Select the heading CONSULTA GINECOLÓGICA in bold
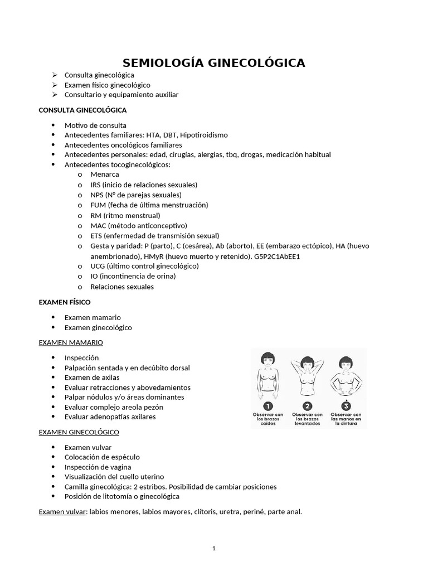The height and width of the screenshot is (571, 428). (82, 110)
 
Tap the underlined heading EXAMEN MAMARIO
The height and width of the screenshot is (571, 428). (71, 342)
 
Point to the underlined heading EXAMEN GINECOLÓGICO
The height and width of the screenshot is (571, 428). (79, 432)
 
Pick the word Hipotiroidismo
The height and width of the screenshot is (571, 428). (204, 135)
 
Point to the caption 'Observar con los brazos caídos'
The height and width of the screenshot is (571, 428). (268, 419)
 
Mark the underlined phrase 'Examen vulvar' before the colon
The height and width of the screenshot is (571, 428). (60, 511)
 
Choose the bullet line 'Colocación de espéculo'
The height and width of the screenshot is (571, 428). (102, 457)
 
